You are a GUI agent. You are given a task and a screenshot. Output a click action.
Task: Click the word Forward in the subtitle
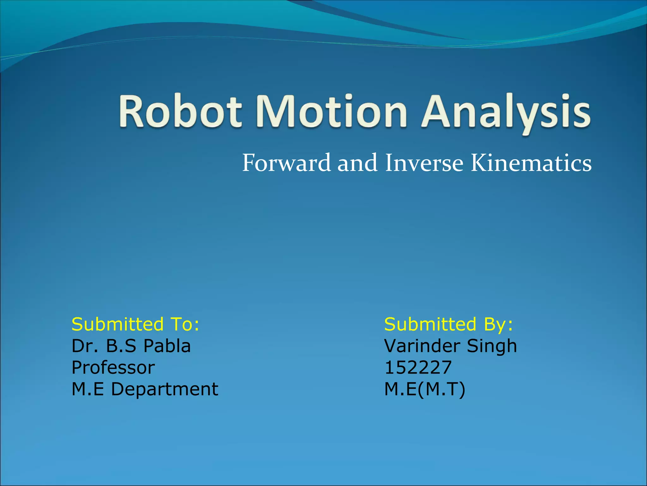[x=286, y=163]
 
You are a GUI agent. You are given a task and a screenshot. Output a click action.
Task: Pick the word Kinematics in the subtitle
[x=531, y=163]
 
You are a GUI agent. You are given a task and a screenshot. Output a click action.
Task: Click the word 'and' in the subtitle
[x=357, y=163]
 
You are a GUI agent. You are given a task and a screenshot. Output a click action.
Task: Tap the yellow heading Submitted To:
[x=136, y=324]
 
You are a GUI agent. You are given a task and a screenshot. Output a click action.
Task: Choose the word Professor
[x=113, y=368]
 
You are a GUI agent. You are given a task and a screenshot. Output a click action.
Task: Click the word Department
[x=164, y=389]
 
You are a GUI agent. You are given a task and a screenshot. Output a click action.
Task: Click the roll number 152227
[x=418, y=368]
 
